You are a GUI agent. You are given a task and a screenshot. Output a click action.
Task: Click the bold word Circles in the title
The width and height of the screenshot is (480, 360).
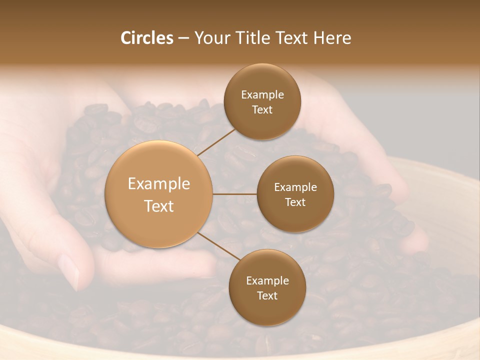point(146,38)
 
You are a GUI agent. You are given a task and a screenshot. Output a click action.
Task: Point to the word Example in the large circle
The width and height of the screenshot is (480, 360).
point(159,184)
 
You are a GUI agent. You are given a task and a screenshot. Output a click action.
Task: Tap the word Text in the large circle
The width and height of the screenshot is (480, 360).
point(159,206)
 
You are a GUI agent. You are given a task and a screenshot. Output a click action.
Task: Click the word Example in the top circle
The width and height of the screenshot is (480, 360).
point(262,95)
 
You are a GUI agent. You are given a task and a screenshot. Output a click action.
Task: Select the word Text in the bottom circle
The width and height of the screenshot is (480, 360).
point(267,295)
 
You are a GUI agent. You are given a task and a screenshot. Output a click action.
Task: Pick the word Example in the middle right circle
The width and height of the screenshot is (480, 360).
point(295,187)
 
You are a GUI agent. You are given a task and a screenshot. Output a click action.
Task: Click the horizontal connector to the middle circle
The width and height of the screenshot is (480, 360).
point(234,194)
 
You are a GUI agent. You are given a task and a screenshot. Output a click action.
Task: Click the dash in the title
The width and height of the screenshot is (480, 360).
point(183,38)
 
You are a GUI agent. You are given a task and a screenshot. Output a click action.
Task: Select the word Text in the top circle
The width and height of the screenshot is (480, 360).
point(262,109)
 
